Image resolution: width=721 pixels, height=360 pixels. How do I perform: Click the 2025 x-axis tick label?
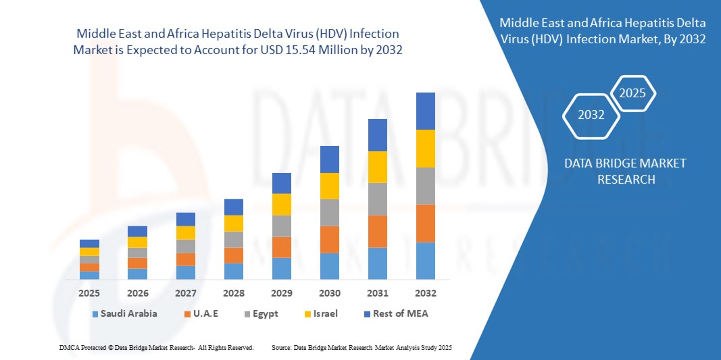click(x=89, y=293)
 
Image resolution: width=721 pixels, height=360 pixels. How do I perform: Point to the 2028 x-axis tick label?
click(x=234, y=293)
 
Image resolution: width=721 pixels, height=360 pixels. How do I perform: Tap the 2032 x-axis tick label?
click(x=425, y=293)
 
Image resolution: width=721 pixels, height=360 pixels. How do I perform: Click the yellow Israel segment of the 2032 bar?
click(x=425, y=149)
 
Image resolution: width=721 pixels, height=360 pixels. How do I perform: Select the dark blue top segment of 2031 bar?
click(x=377, y=135)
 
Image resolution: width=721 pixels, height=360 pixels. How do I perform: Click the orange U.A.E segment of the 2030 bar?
click(x=329, y=239)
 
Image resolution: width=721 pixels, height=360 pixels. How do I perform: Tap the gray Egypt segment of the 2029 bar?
click(x=281, y=226)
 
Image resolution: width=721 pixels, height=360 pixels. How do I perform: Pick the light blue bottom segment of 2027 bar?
click(x=186, y=272)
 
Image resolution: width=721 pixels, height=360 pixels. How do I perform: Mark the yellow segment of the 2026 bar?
click(x=137, y=242)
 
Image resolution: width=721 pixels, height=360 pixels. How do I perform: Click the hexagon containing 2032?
click(x=591, y=115)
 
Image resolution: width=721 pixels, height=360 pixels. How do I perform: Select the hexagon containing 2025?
click(x=632, y=93)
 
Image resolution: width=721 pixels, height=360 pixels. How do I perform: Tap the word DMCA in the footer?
click(x=68, y=347)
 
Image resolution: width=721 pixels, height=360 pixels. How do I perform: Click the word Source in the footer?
click(x=281, y=347)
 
